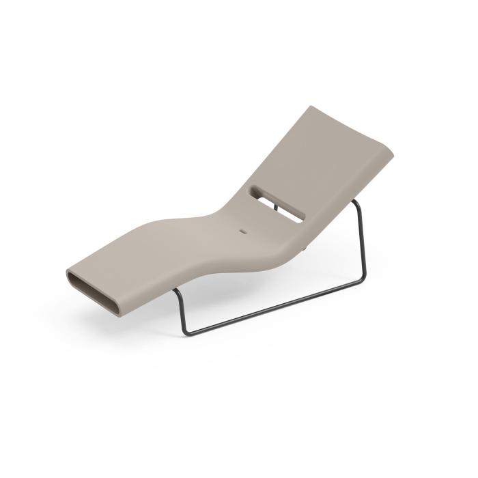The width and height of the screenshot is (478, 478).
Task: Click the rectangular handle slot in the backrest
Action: pyautogui.click(x=278, y=203)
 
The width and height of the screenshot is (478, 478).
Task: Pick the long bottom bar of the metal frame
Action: pyautogui.click(x=273, y=306)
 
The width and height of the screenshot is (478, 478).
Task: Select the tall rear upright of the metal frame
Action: pyautogui.click(x=362, y=239)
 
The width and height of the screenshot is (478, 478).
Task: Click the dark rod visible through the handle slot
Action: pyautogui.click(x=272, y=204)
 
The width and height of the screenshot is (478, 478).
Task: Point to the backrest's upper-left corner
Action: pyautogui.click(x=311, y=108)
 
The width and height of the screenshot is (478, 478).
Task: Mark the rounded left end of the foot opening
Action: pyautogui.click(x=70, y=277)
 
